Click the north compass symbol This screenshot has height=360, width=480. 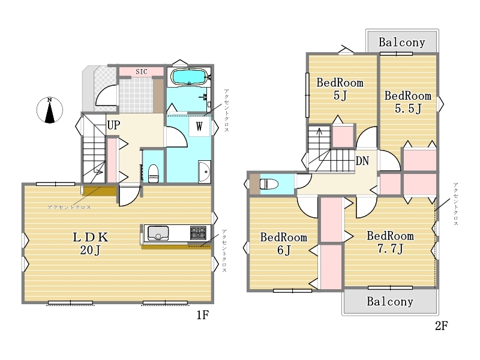(50, 110)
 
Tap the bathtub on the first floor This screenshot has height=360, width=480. (189, 77)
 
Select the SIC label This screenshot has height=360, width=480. (142, 71)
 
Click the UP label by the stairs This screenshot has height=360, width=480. (113, 125)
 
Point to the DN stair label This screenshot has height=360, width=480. (362, 161)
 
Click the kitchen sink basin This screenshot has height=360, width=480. (158, 233)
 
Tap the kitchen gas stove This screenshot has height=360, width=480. (198, 233)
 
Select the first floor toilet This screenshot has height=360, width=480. (154, 173)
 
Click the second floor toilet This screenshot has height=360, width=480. (269, 184)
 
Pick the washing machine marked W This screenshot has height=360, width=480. (199, 126)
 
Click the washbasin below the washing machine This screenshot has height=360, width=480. (205, 172)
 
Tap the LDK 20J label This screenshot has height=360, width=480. (91, 244)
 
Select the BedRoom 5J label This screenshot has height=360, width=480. (340, 89)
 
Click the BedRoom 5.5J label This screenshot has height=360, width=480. (408, 102)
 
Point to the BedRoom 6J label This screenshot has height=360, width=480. (284, 244)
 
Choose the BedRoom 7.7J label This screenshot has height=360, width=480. (391, 242)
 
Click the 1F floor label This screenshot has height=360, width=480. (203, 315)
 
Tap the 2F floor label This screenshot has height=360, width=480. (442, 326)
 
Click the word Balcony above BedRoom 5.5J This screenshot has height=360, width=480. (402, 43)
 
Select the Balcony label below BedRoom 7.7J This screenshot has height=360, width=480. (391, 302)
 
